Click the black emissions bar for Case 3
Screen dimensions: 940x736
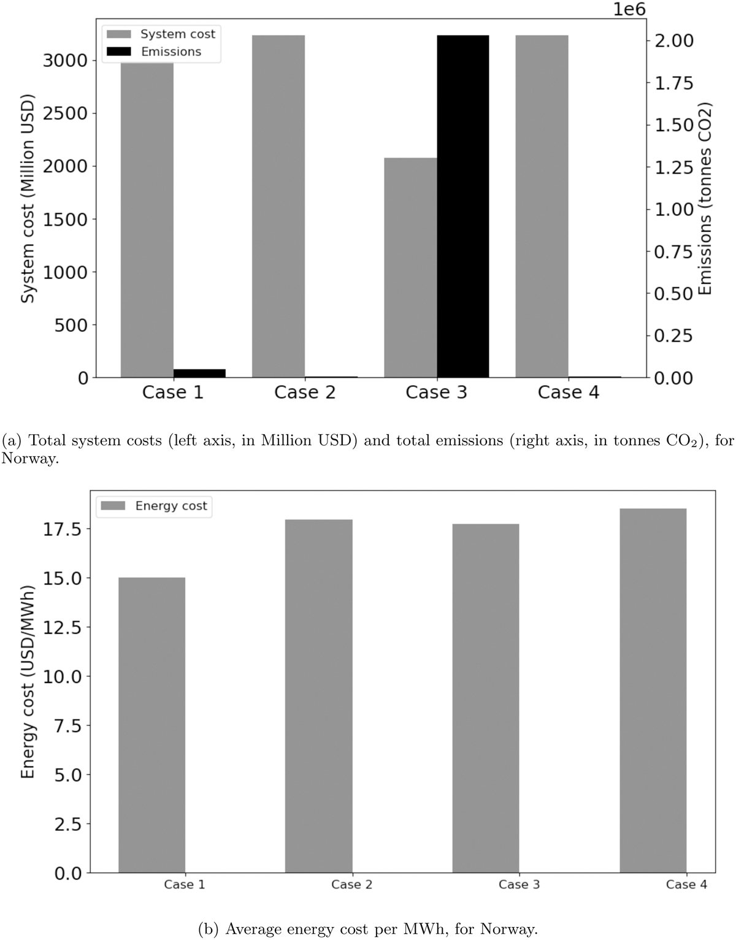[463, 206]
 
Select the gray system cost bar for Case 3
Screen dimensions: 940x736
[410, 267]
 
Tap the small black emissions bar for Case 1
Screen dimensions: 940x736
[200, 373]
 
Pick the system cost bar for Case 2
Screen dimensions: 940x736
[278, 206]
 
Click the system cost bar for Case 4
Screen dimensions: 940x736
[542, 206]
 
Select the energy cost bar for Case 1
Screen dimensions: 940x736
[151, 725]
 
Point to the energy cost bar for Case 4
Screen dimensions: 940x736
[653, 690]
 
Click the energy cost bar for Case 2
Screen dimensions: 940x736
[319, 696]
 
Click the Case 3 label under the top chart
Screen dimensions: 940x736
[436, 392]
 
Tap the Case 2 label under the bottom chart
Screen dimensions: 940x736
[351, 884]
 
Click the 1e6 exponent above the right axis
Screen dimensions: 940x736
[629, 10]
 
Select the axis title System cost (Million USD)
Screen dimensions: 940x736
[27, 199]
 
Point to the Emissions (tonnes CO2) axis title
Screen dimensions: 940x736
[706, 199]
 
